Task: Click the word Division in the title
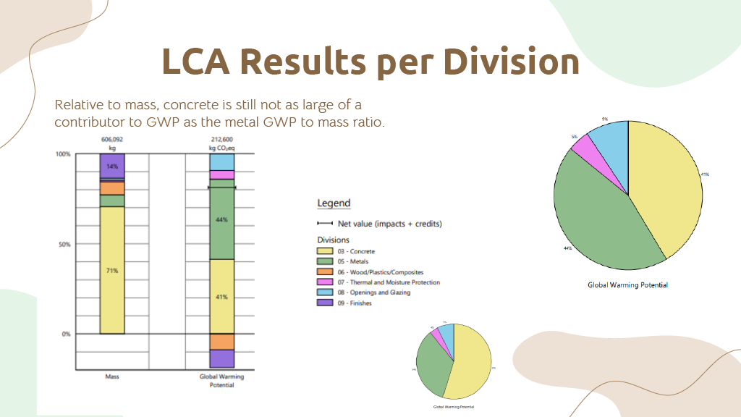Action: coord(511,62)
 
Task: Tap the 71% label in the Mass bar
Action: coord(112,270)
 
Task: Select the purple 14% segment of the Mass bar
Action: coord(112,166)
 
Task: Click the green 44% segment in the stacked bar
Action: coord(221,219)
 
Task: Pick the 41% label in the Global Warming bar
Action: coord(221,297)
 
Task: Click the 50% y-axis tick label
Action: coord(64,244)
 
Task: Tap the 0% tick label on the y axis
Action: coord(65,334)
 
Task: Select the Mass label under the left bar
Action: coord(112,376)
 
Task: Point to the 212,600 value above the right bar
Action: coord(221,139)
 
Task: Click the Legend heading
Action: coord(334,203)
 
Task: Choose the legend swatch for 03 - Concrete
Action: coord(326,251)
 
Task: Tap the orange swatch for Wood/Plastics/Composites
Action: coord(326,271)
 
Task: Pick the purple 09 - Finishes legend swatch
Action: coord(326,303)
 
